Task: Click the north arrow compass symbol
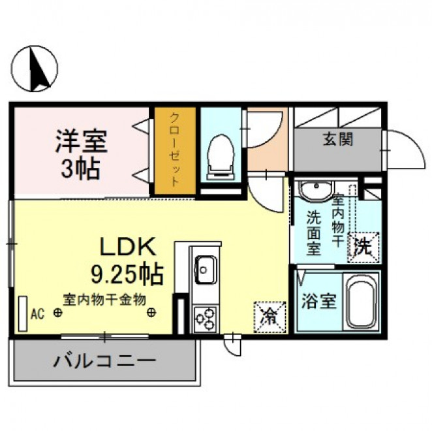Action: coord(35,69)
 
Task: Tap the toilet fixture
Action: coord(221,157)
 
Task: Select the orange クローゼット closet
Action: coord(175,151)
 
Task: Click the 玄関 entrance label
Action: coord(338,138)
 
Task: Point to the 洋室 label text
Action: coord(81,141)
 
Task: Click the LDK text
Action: coord(127,247)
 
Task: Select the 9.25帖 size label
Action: coord(127,274)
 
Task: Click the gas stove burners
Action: coord(206,319)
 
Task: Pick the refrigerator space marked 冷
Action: coord(270,317)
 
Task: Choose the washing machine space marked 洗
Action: coord(363,247)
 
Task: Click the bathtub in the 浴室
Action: coord(361,301)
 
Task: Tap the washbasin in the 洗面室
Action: coord(316,190)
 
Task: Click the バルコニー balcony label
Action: coord(104,361)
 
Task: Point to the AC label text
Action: coord(37,313)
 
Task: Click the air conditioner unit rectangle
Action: coord(23,314)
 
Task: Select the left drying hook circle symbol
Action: coord(58,313)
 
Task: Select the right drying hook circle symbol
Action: coord(151,313)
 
